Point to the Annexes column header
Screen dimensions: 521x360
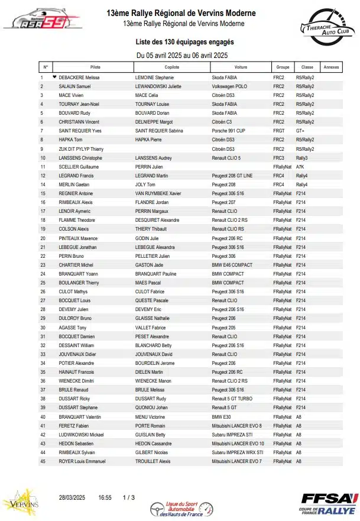pyautogui.click(x=332, y=67)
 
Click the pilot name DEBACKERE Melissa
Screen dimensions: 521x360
pyautogui.click(x=79, y=77)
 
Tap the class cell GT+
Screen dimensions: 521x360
pyautogui.click(x=300, y=131)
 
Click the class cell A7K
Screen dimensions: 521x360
pyautogui.click(x=301, y=167)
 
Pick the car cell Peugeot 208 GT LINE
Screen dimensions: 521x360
pyautogui.click(x=232, y=176)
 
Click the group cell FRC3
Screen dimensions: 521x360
pyautogui.click(x=279, y=158)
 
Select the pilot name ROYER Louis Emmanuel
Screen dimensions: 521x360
pyautogui.click(x=82, y=461)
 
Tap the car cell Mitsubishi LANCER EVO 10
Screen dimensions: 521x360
pyautogui.click(x=238, y=443)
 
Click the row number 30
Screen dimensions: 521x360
pyautogui.click(x=43, y=327)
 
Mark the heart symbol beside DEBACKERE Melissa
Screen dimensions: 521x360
pyautogui.click(x=54, y=77)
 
